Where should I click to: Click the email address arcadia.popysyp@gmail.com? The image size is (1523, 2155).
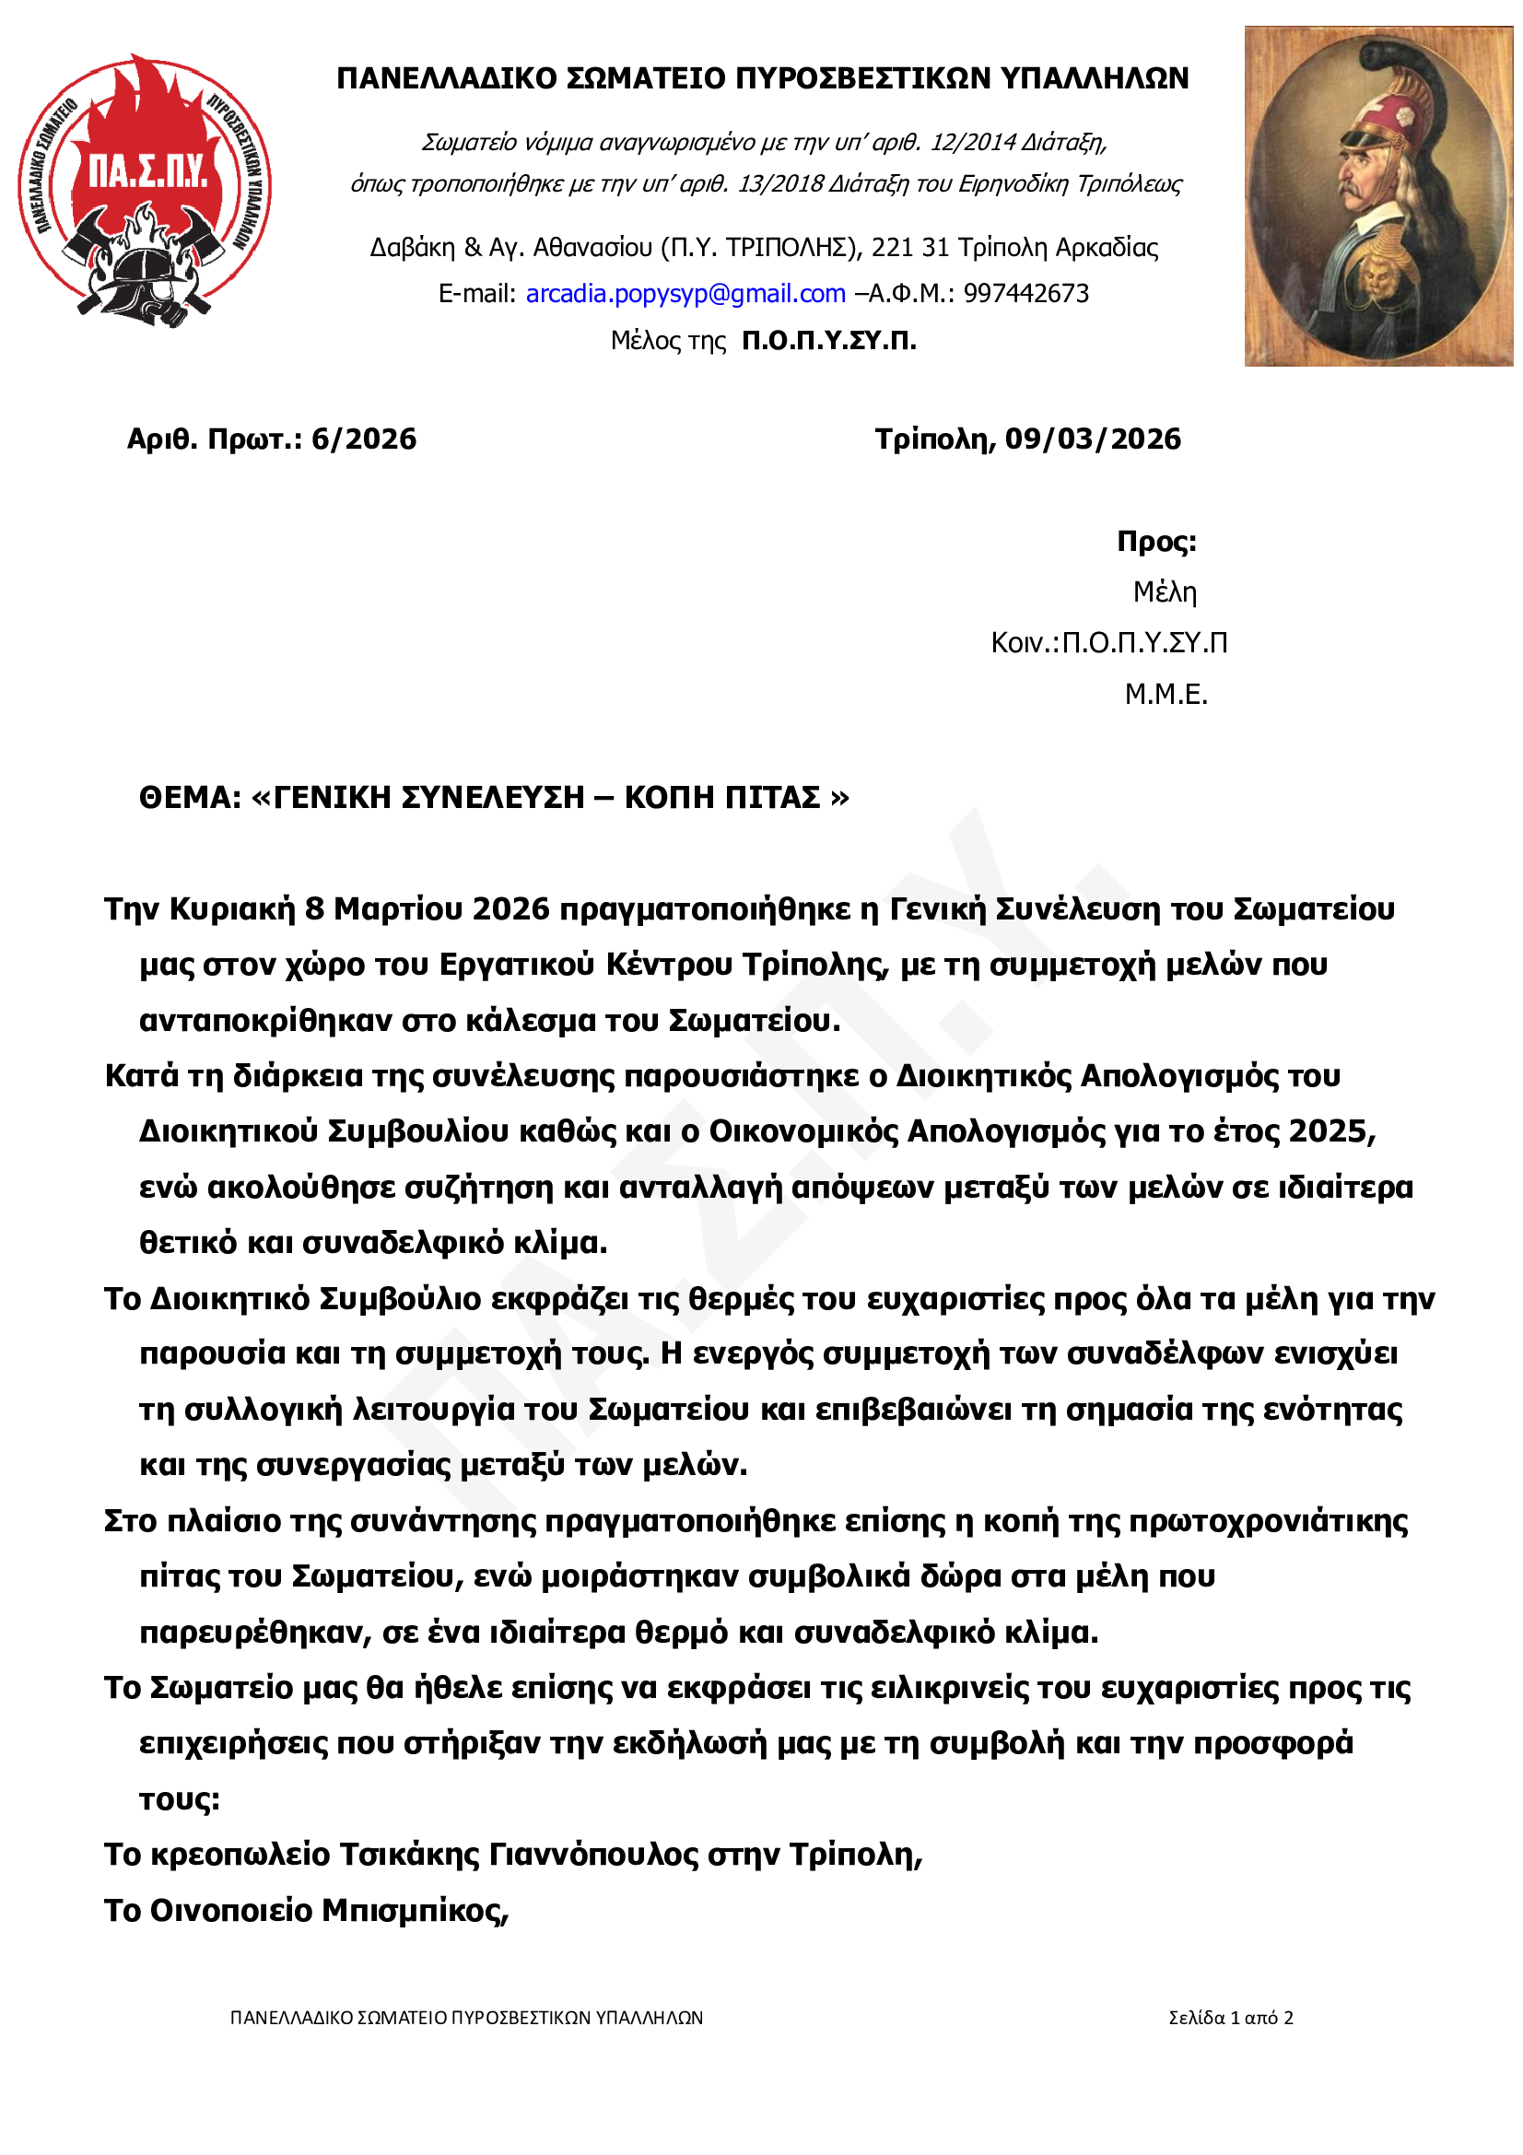[685, 294]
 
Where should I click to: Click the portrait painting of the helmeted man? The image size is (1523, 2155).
[1377, 195]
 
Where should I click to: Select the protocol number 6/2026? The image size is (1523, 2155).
[364, 439]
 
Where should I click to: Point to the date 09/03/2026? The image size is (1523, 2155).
[1093, 439]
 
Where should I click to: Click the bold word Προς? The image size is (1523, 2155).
[1156, 542]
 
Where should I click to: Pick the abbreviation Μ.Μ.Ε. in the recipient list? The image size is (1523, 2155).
[1166, 695]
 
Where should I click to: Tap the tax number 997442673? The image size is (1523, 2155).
[1025, 294]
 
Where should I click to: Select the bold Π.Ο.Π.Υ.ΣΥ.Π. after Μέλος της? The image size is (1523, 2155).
[828, 340]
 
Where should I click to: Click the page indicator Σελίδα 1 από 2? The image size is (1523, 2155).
[1230, 2018]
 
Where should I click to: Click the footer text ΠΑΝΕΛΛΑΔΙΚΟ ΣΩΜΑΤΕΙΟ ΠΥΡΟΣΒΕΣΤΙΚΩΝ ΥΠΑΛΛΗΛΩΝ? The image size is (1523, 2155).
[466, 2018]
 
